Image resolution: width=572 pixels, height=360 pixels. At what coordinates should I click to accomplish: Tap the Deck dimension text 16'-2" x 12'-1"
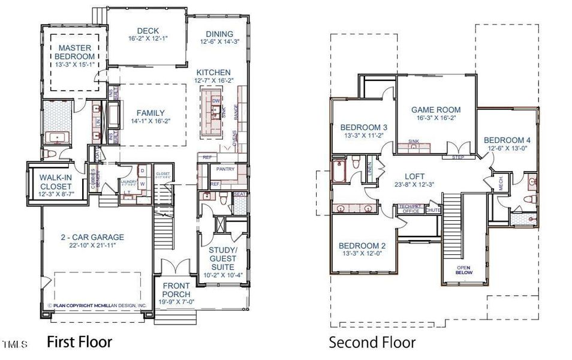147,39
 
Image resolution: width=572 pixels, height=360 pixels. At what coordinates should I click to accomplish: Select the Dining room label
219,34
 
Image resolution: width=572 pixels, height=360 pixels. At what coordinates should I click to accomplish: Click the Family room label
150,113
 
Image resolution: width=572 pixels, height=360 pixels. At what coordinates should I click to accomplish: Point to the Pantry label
225,169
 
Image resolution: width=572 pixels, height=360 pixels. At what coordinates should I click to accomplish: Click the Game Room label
436,110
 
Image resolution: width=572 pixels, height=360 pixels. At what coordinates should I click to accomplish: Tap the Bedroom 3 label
364,127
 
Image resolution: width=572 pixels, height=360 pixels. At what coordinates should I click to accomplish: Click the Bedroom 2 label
362,245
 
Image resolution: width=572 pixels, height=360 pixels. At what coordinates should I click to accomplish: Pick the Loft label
414,176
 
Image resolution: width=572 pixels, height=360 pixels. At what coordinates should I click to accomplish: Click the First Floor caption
79,342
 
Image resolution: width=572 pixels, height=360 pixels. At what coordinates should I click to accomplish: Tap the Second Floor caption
372,343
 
